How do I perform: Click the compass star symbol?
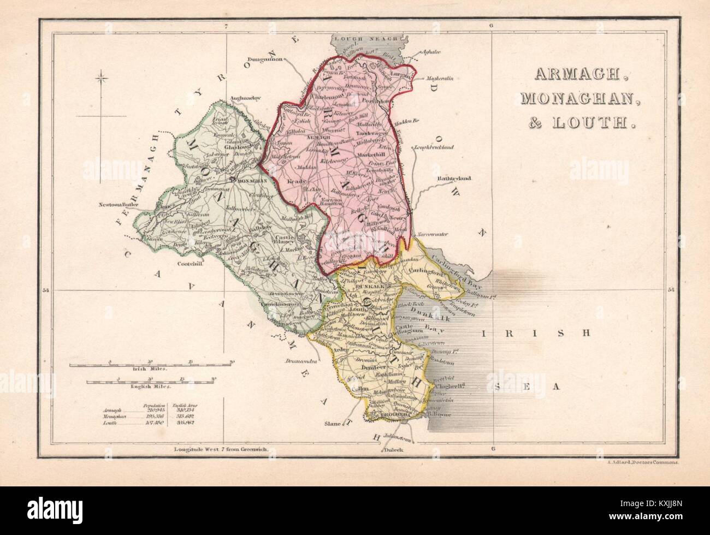[x=101, y=80]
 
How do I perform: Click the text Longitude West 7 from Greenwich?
[x=217, y=450]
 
